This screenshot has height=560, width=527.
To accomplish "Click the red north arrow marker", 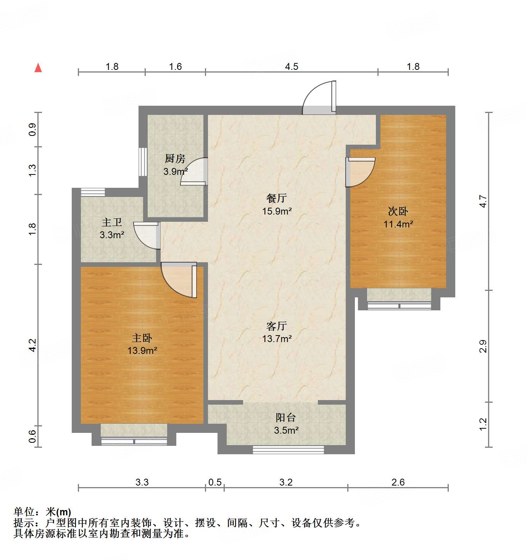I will [38, 68].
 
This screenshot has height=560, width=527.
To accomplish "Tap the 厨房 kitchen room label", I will [175, 158].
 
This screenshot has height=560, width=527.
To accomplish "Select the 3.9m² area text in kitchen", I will [175, 171].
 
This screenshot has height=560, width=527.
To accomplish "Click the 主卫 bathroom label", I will [111, 222].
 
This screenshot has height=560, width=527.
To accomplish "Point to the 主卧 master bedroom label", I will [142, 338].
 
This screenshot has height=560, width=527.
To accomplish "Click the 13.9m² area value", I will [142, 350].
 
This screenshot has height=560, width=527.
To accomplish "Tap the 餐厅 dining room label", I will [277, 198].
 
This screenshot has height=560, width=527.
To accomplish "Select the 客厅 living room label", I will [277, 326].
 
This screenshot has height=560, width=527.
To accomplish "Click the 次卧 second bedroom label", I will [398, 211].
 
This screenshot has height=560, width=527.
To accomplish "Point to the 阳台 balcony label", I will [286, 418].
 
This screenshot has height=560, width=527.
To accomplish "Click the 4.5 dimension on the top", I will [292, 67].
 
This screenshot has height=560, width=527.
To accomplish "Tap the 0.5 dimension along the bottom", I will [215, 483].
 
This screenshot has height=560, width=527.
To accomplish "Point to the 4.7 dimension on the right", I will [483, 201].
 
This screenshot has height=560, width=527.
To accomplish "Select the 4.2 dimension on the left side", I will [32, 345].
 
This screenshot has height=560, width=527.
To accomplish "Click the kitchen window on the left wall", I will [143, 162].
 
